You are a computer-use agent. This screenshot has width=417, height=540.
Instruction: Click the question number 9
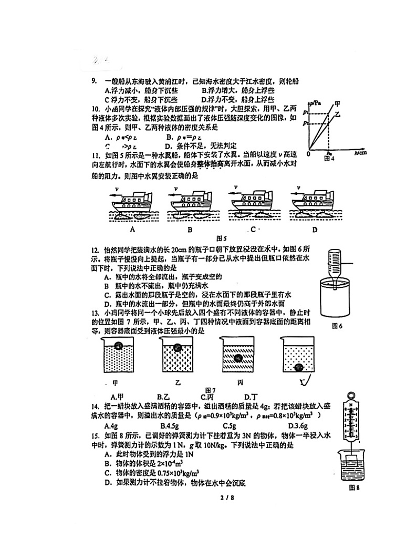pyautogui.click(x=94, y=81)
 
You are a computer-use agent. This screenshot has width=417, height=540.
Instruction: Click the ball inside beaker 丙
pyautogui.click(x=238, y=359)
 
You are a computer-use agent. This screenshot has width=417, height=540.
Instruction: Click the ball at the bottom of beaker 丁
pyautogui.click(x=299, y=368)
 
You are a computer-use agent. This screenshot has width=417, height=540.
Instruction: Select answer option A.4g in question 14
pyautogui.click(x=110, y=425)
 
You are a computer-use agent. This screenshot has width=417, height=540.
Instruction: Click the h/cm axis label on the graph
pyautogui.click(x=360, y=153)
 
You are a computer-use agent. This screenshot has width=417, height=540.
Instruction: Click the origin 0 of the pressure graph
pyautogui.click(x=308, y=154)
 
